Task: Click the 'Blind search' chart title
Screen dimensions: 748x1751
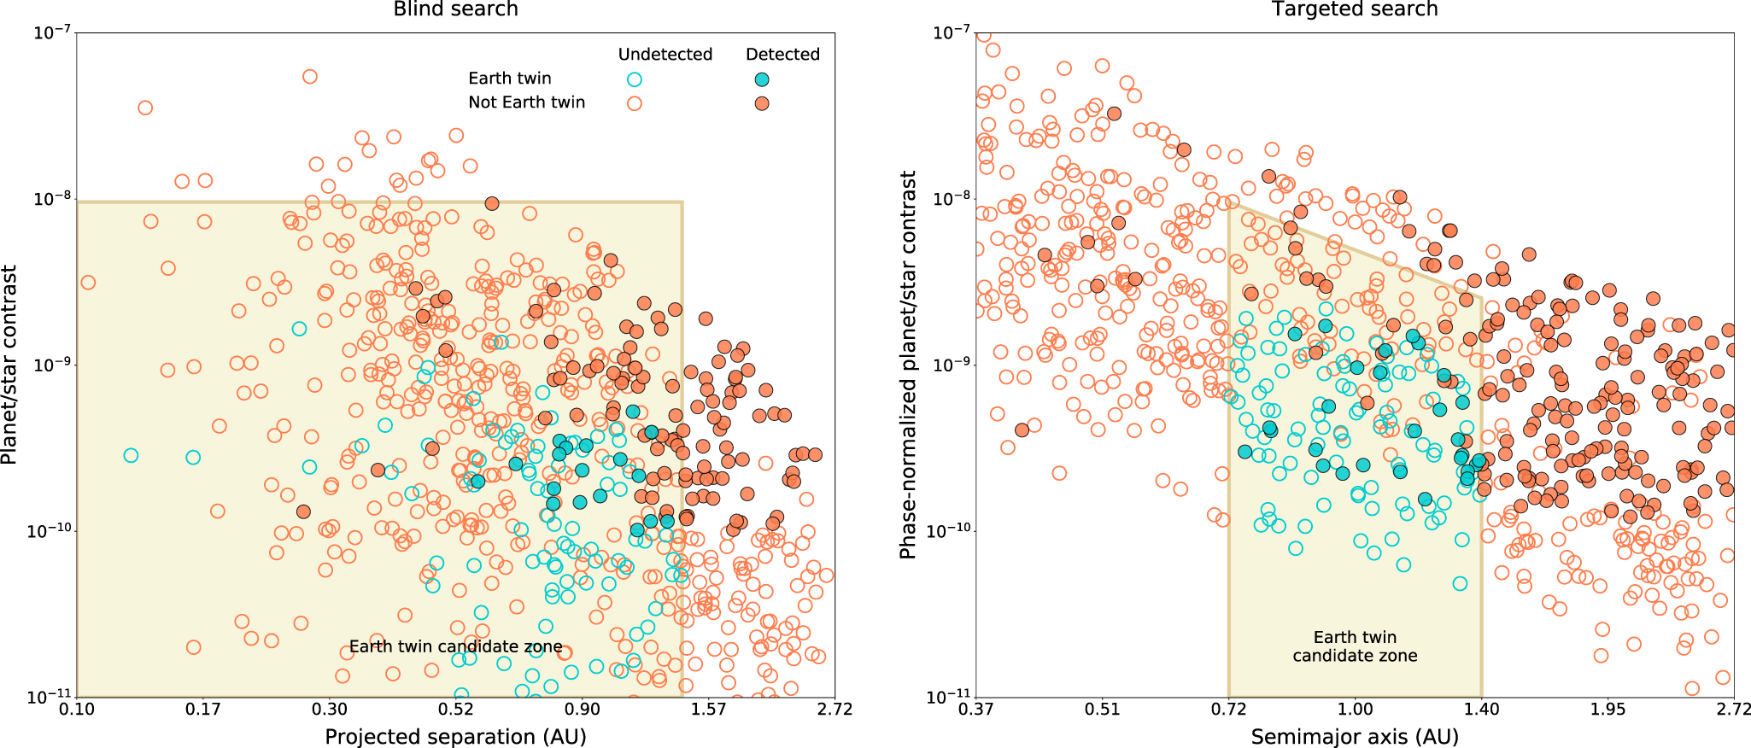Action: tap(455, 9)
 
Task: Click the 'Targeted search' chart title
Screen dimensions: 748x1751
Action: tap(1355, 9)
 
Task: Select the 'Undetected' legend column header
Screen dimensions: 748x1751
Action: tap(665, 55)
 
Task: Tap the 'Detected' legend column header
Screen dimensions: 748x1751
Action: tap(782, 55)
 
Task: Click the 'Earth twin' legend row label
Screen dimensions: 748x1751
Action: tap(510, 79)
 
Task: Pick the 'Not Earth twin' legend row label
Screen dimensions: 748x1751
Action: tap(527, 102)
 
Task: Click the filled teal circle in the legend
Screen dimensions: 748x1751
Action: tap(762, 79)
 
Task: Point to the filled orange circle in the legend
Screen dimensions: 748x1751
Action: tap(762, 103)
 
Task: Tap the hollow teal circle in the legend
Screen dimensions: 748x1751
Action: tap(635, 79)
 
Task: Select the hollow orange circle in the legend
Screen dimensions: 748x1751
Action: tap(635, 103)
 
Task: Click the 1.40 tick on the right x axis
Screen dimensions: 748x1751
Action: tap(1481, 710)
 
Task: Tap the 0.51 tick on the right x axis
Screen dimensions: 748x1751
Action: tap(1102, 710)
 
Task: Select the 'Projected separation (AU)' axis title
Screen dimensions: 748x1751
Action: tap(455, 736)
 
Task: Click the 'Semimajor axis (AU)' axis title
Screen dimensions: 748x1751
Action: tap(1355, 736)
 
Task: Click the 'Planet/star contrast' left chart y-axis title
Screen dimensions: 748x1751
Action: tap(9, 365)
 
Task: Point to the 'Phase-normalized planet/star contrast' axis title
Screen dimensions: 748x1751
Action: tap(908, 365)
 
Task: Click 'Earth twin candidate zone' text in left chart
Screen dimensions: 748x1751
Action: tap(455, 646)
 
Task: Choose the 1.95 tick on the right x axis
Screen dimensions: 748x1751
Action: tap(1608, 710)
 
